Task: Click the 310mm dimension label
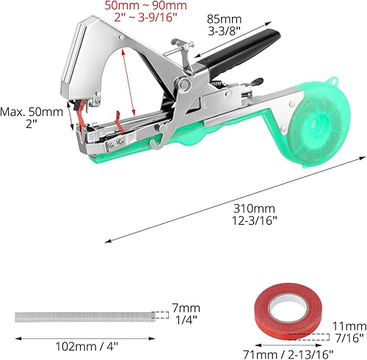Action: pyautogui.click(x=254, y=209)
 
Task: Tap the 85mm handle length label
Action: pyautogui.click(x=225, y=19)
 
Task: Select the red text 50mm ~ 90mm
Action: pyautogui.click(x=146, y=5)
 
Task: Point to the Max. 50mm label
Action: pyautogui.click(x=32, y=112)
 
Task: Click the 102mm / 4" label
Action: pyautogui.click(x=87, y=347)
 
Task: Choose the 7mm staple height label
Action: pyautogui.click(x=186, y=308)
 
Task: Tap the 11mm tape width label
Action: pyautogui.click(x=349, y=326)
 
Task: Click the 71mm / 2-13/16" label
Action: pyautogui.click(x=288, y=354)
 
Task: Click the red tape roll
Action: pyautogui.click(x=288, y=311)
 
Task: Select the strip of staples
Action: pyautogui.click(x=85, y=317)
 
